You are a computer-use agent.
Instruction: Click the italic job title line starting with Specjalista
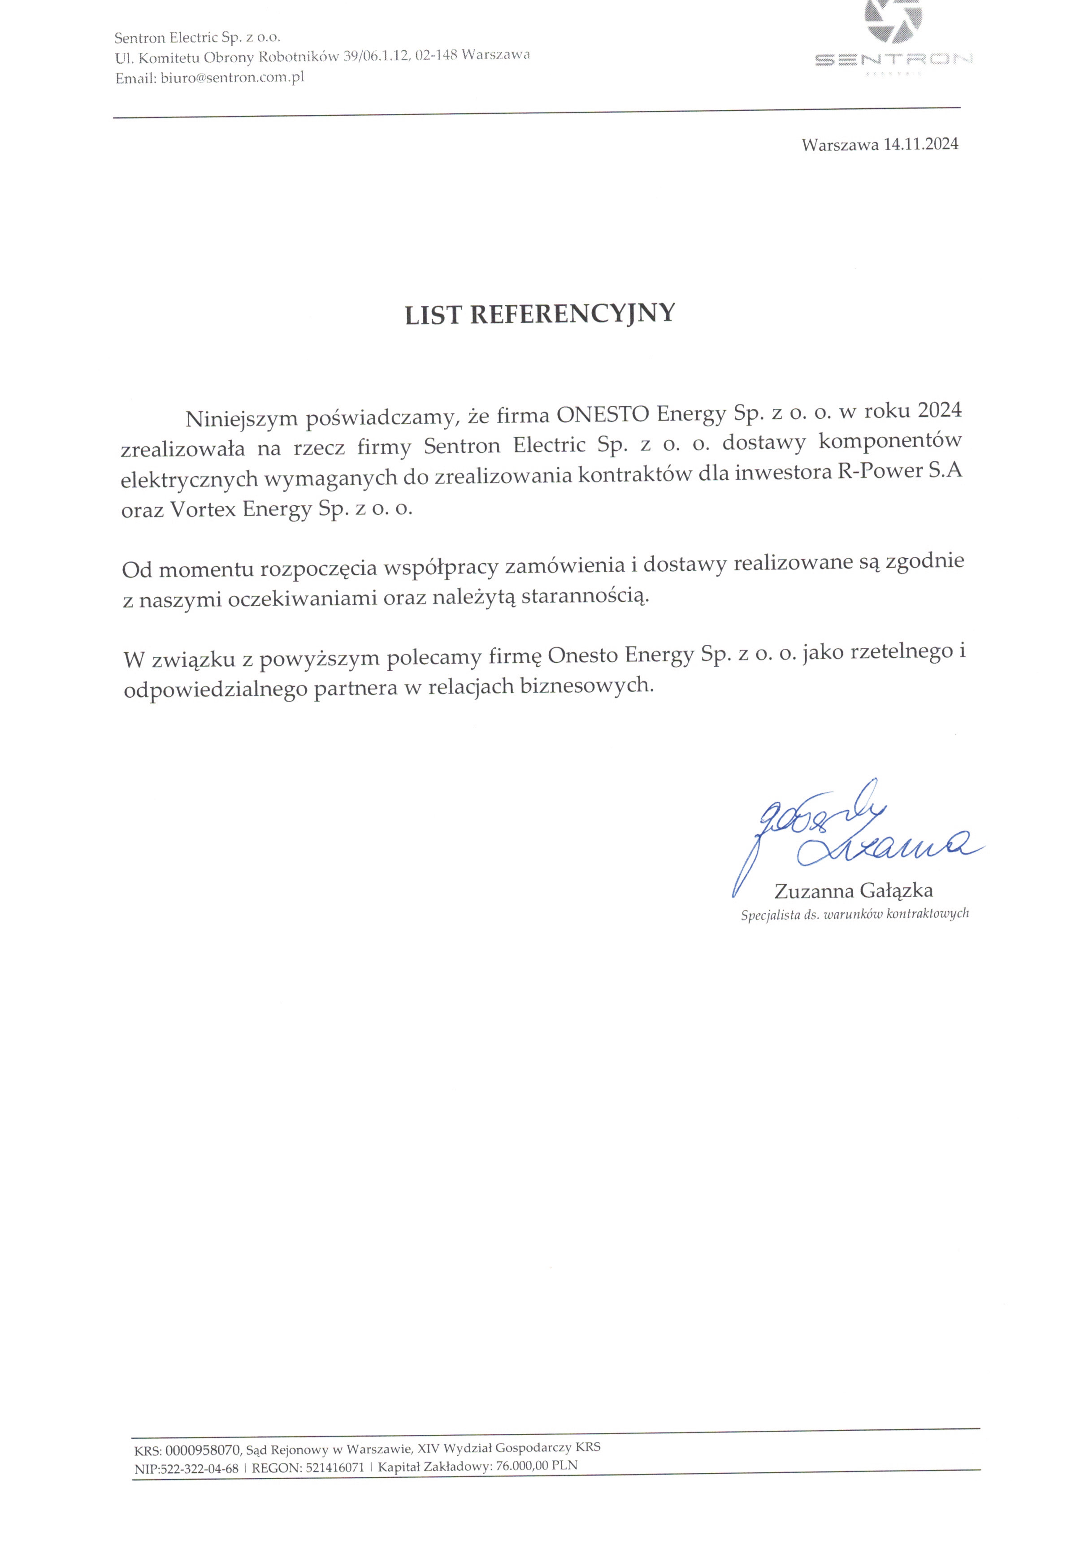click(854, 914)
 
